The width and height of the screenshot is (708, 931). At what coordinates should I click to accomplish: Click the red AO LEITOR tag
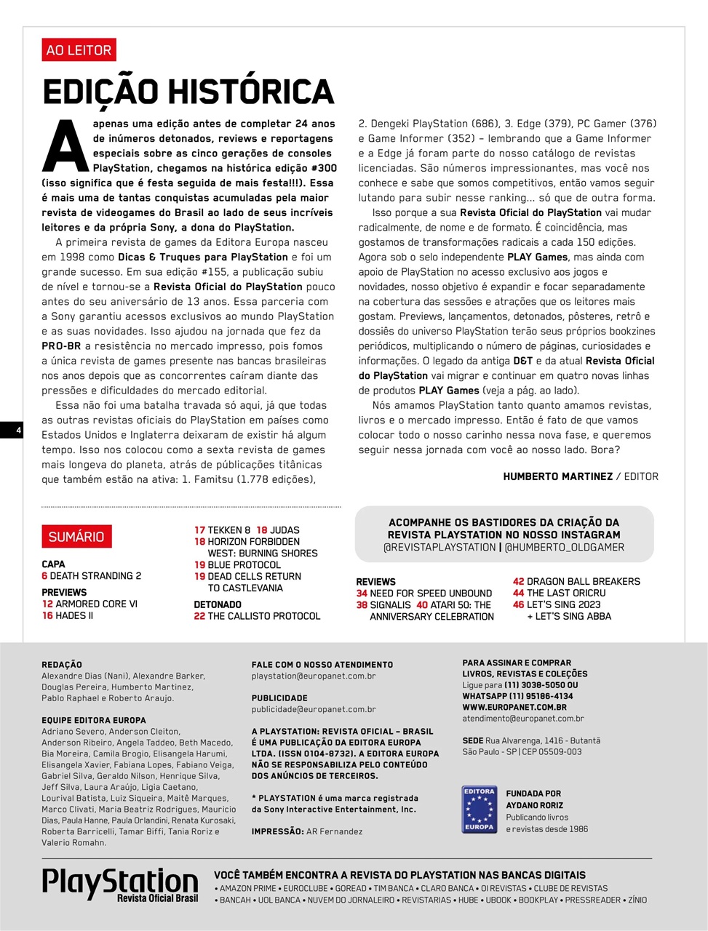79,50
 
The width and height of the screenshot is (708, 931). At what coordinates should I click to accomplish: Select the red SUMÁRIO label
76,537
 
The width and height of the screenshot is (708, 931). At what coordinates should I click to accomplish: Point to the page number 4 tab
18,431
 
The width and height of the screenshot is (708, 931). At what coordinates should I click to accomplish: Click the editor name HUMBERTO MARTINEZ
557,476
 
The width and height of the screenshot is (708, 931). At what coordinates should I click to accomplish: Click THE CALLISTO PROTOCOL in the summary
263,616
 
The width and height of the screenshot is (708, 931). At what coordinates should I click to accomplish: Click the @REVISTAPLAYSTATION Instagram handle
439,548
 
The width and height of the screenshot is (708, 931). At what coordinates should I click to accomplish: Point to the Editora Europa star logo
479,809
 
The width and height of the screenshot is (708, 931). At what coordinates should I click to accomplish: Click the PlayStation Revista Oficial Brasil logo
120,884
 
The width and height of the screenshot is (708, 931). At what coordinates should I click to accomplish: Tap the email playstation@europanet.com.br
314,676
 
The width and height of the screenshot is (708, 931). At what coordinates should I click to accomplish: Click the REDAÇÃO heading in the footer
62,665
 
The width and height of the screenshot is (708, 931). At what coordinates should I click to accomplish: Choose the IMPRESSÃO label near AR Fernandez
277,831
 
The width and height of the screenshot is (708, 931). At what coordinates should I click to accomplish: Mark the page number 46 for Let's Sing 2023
518,604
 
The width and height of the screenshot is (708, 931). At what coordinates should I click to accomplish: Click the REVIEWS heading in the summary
375,582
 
